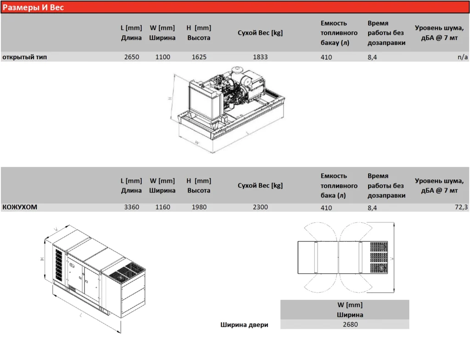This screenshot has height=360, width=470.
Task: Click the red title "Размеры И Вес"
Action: [34, 7]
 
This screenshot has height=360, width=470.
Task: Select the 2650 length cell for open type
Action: [132, 57]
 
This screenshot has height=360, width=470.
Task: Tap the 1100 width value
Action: [162, 57]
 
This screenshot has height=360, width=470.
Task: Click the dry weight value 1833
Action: [260, 57]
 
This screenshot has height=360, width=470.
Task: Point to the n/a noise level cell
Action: [463, 57]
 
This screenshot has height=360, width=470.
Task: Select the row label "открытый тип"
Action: [25, 57]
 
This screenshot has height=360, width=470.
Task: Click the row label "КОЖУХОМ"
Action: [20, 207]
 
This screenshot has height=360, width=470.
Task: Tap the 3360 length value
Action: [132, 207]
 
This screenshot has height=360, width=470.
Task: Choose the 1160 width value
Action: [162, 207]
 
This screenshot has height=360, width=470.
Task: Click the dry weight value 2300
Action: [260, 207]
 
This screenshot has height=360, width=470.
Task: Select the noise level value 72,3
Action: [460, 207]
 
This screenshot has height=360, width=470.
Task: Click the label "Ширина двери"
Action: [244, 325]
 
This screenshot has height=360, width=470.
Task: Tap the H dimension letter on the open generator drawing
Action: [169, 98]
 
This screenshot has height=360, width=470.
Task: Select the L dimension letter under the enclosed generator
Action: [81, 316]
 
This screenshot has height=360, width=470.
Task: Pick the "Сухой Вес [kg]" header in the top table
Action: [260, 33]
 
